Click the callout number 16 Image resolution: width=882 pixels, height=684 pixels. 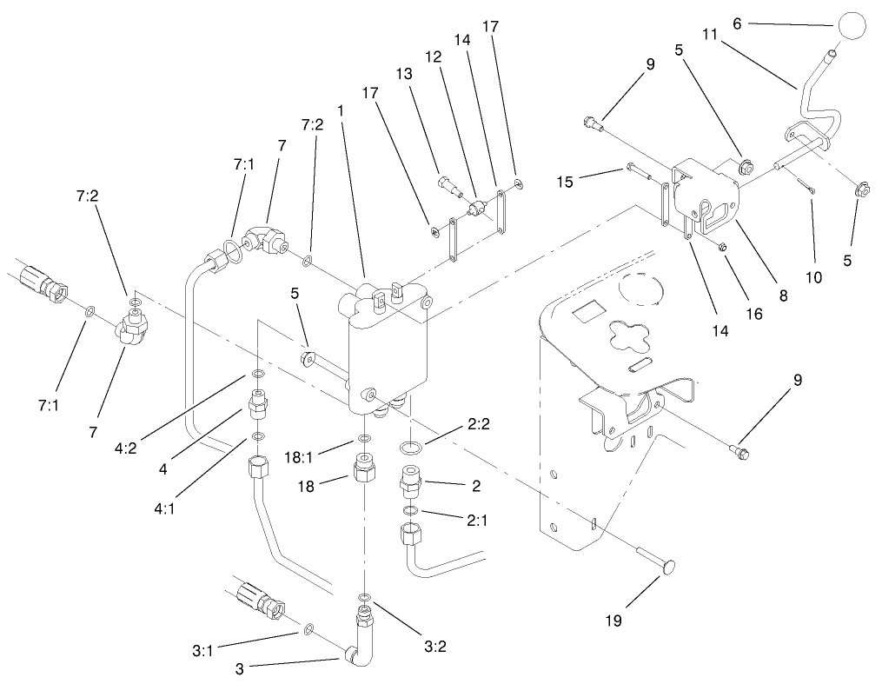[x=754, y=313]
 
